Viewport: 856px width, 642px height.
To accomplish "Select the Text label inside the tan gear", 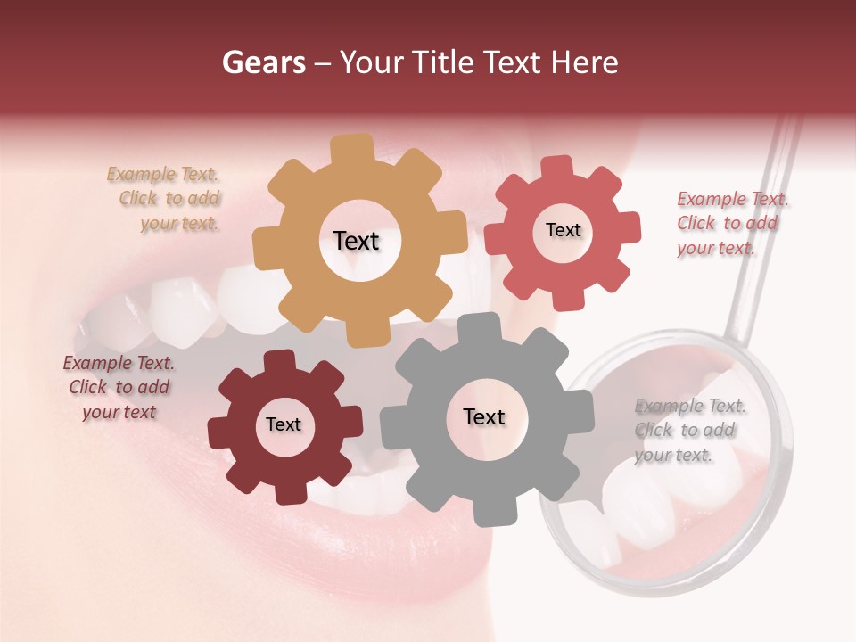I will pyautogui.click(x=356, y=241).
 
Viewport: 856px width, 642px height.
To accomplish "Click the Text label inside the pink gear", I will pyautogui.click(x=563, y=230).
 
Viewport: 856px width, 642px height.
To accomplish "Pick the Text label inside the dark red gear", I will pyautogui.click(x=284, y=424).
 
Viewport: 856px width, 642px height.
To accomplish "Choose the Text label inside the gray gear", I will pyautogui.click(x=484, y=416).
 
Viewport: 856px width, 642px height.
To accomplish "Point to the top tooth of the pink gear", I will pyautogui.click(x=556, y=168).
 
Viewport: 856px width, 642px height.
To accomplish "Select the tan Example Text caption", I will pyautogui.click(x=165, y=199).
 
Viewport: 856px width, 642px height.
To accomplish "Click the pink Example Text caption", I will pyautogui.click(x=731, y=223).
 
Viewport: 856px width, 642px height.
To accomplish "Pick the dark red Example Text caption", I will pyautogui.click(x=119, y=387).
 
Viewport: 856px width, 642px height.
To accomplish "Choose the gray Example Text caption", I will pyautogui.click(x=688, y=430).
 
